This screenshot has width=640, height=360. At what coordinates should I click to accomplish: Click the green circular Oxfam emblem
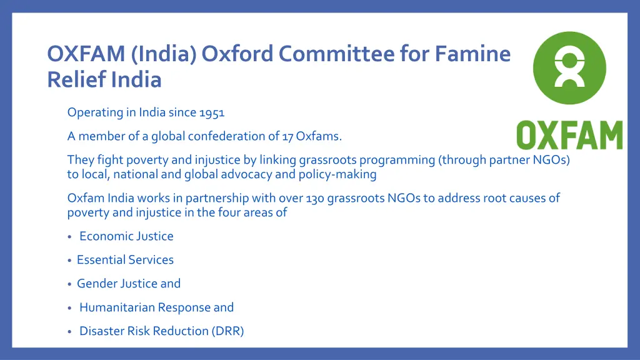[x=569, y=68]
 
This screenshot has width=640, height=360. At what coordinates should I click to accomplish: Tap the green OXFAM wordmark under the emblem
[x=569, y=136]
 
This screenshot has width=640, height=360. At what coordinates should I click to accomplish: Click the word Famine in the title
[x=473, y=55]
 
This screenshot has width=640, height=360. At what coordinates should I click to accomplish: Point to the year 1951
[x=212, y=113]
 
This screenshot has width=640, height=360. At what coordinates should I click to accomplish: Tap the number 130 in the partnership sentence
[x=315, y=199]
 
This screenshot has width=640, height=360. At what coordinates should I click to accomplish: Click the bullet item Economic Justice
[x=126, y=236]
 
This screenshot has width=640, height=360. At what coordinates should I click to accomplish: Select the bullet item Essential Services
[x=125, y=260]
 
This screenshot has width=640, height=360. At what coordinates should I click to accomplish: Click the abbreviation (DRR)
[x=227, y=331]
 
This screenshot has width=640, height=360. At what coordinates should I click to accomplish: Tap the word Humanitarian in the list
[x=117, y=307]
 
